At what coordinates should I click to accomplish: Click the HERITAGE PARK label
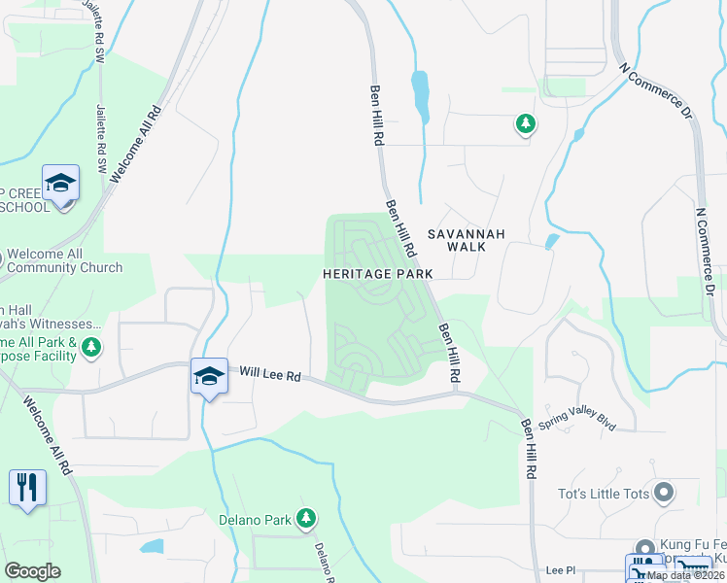tap(378, 275)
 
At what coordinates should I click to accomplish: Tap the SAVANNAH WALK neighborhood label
tap(456, 240)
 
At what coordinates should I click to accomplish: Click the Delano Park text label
tap(255, 520)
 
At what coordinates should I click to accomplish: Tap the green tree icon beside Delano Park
tap(306, 519)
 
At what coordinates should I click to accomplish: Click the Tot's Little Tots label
tap(603, 494)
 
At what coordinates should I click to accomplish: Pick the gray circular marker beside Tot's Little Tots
tap(665, 493)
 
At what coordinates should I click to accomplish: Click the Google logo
tap(32, 571)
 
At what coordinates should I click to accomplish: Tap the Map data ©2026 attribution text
tap(686, 575)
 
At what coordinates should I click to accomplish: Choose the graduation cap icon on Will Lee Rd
tap(209, 375)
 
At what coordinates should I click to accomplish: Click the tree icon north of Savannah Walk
tap(526, 123)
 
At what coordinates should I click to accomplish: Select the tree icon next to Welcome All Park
tap(91, 347)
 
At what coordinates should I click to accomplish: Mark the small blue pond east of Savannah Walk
tap(551, 240)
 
